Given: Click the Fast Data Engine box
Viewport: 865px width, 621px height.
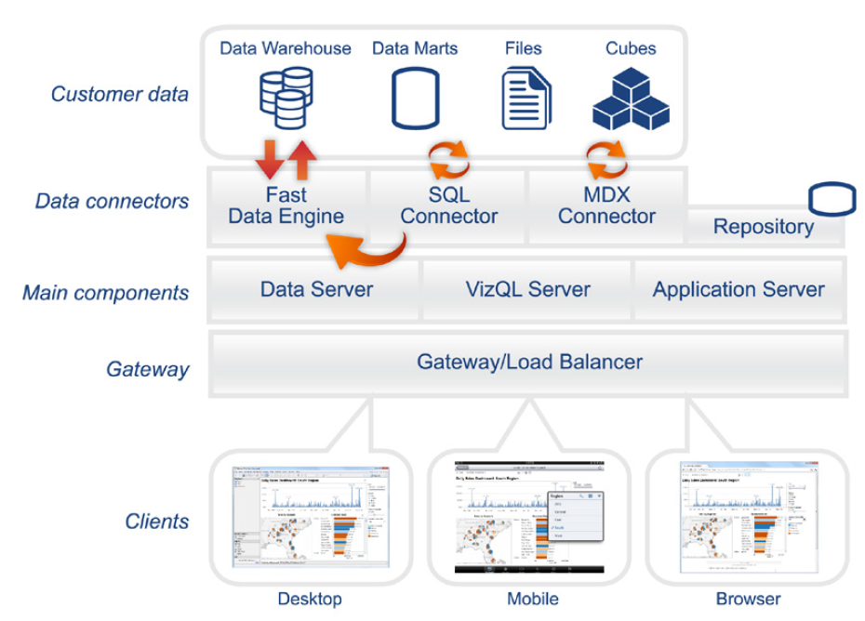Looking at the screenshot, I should pos(286,207).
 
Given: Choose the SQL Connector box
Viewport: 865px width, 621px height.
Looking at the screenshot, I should pos(449,207).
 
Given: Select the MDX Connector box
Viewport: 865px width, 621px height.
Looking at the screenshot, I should pos(607,207).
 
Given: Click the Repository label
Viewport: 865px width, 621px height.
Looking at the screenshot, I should pos(764,226).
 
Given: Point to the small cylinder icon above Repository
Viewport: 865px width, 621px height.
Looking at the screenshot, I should pos(831,199).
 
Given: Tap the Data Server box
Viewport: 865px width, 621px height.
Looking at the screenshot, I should pos(316,289).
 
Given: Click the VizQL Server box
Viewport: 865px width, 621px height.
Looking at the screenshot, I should pos(527,289).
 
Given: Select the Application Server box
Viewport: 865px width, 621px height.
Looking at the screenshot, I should pos(739,289).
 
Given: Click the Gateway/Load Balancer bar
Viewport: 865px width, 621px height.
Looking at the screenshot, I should pos(529,362).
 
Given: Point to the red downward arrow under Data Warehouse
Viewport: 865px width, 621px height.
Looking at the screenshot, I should pos(270,157).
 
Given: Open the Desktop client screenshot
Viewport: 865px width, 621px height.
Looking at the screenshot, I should pos(310,516).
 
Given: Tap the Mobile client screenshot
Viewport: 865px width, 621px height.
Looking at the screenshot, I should pos(528,517).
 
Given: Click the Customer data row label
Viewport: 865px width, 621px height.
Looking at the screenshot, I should pos(119,94).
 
